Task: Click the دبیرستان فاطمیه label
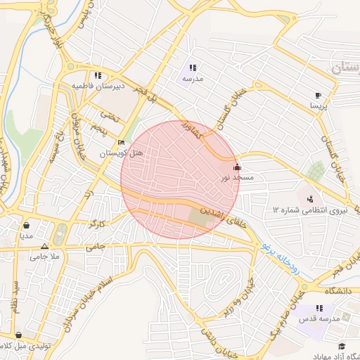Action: pyautogui.click(x=98, y=86)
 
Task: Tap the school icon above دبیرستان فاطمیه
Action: pyautogui.click(x=98, y=75)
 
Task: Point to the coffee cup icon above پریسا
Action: pyautogui.click(x=319, y=95)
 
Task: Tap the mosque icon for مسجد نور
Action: pyautogui.click(x=237, y=168)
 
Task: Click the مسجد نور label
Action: pyautogui.click(x=237, y=179)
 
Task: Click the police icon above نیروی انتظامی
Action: pyautogui.click(x=310, y=200)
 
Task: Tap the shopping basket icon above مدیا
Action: pyautogui.click(x=26, y=226)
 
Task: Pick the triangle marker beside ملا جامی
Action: pyautogui.click(x=45, y=247)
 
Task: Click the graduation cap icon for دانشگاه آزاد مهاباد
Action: pyautogui.click(x=342, y=347)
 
